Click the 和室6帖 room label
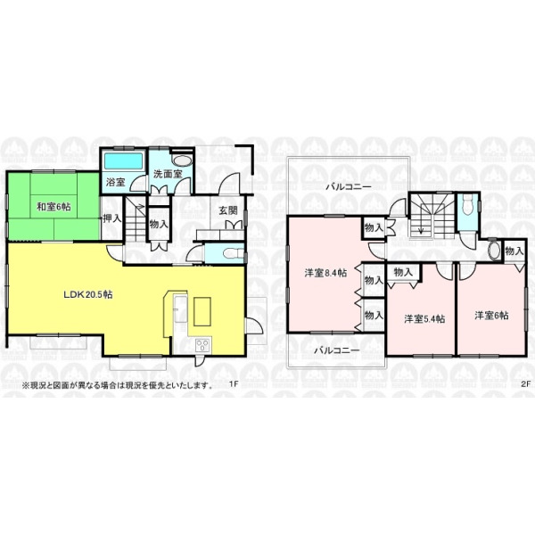(53, 207)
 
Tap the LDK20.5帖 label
(88, 294)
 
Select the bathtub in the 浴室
(123, 160)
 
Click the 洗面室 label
(168, 174)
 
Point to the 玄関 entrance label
(228, 210)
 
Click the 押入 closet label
(112, 218)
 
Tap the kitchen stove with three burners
(202, 345)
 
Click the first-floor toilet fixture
(232, 254)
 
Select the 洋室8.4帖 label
(325, 273)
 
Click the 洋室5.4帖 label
(424, 319)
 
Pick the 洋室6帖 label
(491, 316)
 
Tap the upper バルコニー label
(349, 187)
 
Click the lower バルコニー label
(337, 350)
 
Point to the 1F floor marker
(234, 383)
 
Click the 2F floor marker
(525, 383)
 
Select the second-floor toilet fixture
(465, 205)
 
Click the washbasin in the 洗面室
(181, 161)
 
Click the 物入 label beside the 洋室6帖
(514, 251)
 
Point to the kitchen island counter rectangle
(202, 311)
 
